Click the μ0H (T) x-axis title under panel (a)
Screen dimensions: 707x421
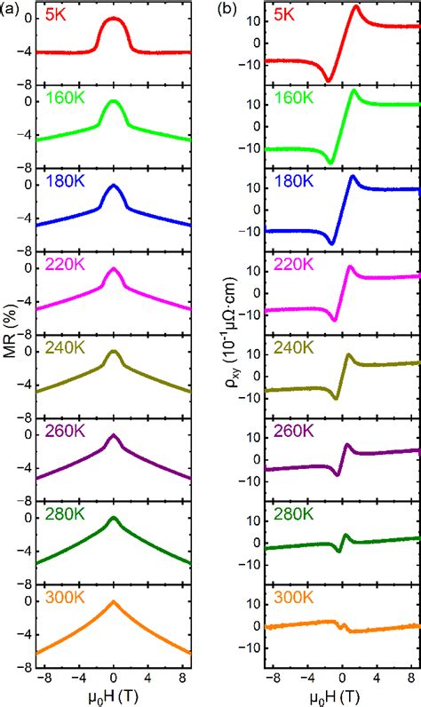pos(113,697)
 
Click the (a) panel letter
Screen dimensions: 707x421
pos(11,9)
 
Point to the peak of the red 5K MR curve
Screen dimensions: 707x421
pos(113,18)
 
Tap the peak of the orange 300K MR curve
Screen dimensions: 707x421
pos(113,601)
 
